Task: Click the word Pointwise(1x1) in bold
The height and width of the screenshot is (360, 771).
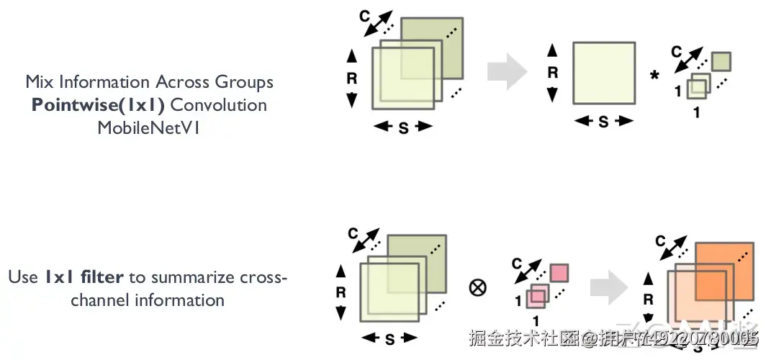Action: click(x=99, y=105)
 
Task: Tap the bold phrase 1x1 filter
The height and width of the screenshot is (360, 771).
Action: click(x=84, y=276)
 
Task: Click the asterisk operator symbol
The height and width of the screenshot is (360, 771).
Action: click(x=654, y=76)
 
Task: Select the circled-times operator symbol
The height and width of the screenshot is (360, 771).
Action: click(x=477, y=287)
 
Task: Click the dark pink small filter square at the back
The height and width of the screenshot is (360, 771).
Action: click(x=559, y=273)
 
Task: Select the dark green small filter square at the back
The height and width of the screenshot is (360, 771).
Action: click(x=722, y=61)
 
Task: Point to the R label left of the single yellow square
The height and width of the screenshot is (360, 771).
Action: click(x=553, y=73)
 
